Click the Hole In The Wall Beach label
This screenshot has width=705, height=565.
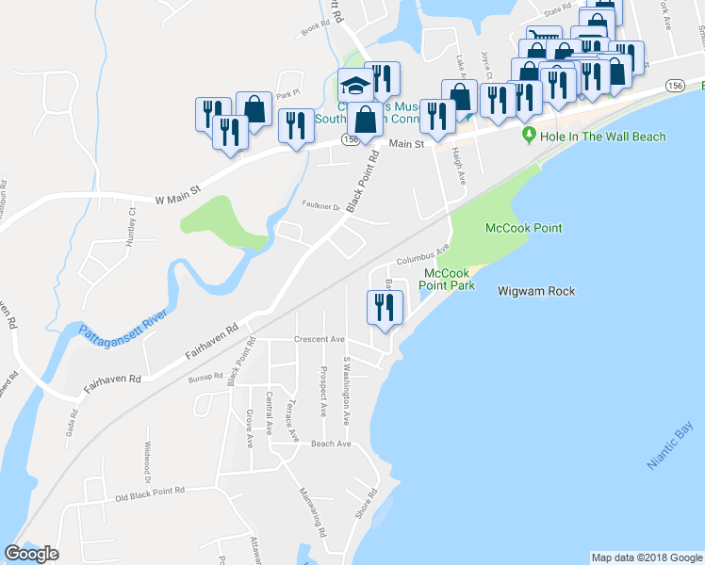pyautogui.click(x=603, y=137)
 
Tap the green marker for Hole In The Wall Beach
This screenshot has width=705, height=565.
pyautogui.click(x=529, y=137)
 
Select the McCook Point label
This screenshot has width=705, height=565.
pyautogui.click(x=523, y=228)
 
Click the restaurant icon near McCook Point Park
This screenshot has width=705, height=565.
pyautogui.click(x=385, y=307)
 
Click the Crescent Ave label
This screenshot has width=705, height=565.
pyautogui.click(x=320, y=339)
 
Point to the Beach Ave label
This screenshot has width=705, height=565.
pyautogui.click(x=330, y=444)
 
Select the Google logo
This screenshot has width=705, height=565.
pyautogui.click(x=31, y=554)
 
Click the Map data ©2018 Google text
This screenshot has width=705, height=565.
pyautogui.click(x=646, y=557)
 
